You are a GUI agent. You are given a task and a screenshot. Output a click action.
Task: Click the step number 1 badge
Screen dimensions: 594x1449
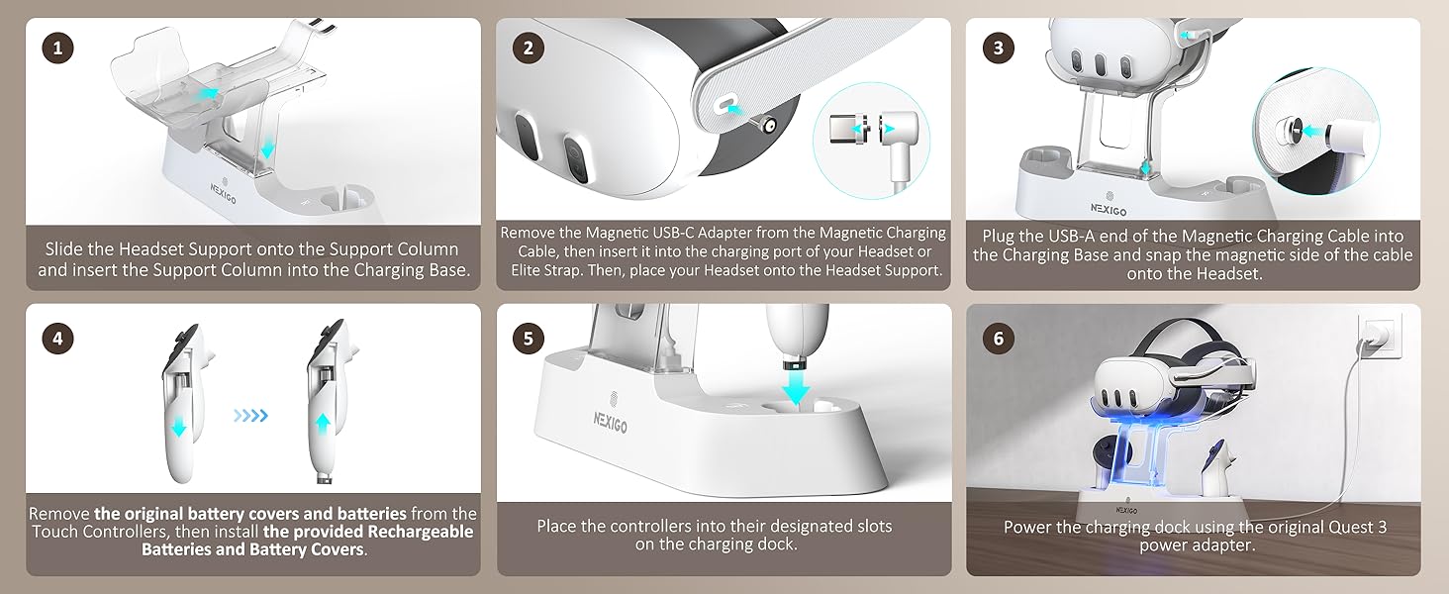coord(58,48)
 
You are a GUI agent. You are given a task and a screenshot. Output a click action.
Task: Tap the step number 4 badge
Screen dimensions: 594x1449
coord(58,338)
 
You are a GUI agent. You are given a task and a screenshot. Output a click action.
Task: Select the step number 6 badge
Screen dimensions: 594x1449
coord(998,338)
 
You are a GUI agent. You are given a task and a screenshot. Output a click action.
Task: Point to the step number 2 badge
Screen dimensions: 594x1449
coord(529,48)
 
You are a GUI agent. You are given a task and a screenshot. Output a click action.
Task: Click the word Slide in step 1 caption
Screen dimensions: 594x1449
coord(68,248)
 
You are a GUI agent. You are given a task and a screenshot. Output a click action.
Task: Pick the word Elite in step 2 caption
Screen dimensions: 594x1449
coord(527,269)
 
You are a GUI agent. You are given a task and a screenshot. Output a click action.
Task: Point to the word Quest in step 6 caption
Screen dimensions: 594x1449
coord(1349,527)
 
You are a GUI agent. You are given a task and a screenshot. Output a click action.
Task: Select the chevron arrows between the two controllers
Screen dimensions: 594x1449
coord(250,416)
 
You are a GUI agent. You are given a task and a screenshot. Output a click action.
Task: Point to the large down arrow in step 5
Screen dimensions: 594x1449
coord(795,387)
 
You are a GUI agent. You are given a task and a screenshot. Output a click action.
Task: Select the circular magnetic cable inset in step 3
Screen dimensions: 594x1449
coord(1315,130)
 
